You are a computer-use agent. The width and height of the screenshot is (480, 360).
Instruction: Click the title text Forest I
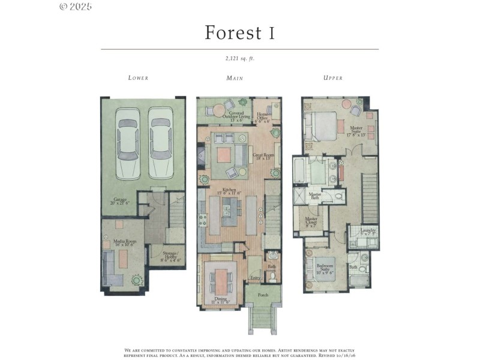coord(239,32)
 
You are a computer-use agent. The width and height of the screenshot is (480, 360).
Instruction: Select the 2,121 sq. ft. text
coord(239,58)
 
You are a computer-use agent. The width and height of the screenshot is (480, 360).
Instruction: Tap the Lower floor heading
coord(138,78)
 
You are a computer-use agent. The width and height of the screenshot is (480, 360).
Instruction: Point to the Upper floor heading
coord(333,78)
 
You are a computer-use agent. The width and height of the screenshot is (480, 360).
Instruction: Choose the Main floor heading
coord(235,78)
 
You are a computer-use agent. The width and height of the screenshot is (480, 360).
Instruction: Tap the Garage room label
coord(120,202)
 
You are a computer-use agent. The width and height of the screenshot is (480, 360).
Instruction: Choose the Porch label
coord(262,295)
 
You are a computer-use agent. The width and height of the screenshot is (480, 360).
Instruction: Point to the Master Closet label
coord(312,221)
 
